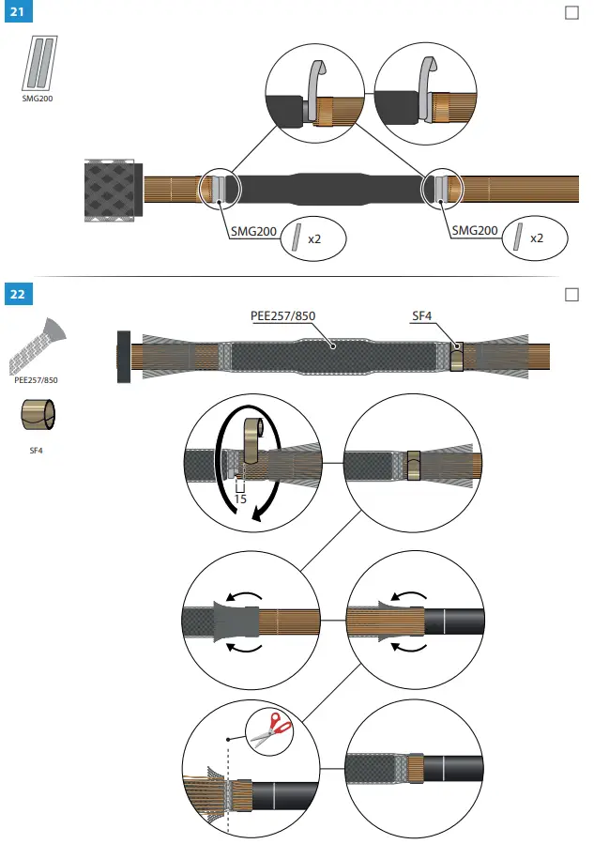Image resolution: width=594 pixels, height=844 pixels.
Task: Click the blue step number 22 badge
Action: pos(18,294)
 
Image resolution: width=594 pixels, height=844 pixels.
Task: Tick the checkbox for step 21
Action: pos(572,13)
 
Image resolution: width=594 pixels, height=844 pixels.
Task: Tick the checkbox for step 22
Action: pos(572,295)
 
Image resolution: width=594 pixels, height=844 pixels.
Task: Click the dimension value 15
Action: pos(240,499)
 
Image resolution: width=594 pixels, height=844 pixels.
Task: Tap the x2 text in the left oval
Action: pos(314,238)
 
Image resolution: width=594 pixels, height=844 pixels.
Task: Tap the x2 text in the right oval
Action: pos(537,238)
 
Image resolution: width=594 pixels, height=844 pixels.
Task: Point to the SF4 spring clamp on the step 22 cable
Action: pos(457,358)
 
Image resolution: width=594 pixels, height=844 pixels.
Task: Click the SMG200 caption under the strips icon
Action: pos(38,97)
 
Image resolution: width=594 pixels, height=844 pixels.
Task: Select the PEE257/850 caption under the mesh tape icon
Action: pos(37,380)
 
